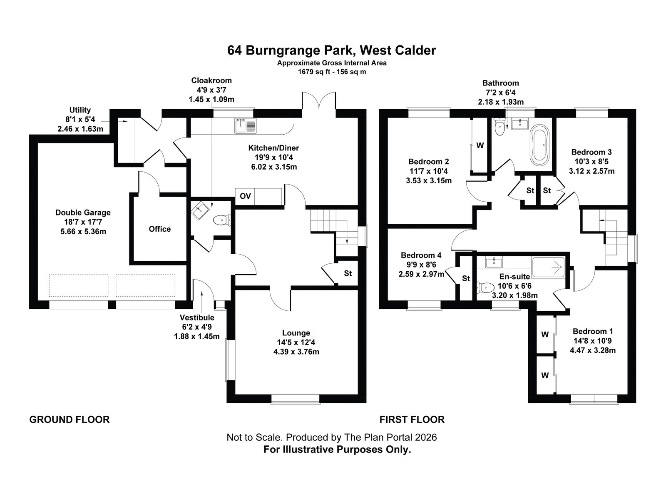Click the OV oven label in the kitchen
245,196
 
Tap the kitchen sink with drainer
245,126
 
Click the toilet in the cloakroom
222,220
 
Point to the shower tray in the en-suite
549,267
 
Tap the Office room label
159,229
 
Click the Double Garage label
83,212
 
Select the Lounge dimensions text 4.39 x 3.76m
296,352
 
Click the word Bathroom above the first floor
501,83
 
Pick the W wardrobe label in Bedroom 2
480,146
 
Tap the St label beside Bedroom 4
466,278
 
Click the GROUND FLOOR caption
69,420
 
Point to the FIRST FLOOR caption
412,420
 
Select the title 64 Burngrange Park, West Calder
332,50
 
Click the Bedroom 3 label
591,152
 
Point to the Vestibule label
197,317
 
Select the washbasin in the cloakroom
200,210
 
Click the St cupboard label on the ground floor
348,273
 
